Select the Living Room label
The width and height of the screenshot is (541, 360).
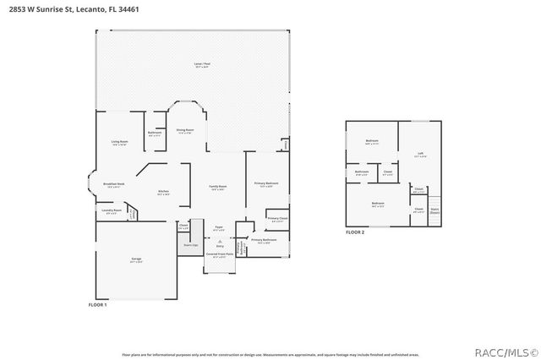(x=119, y=142)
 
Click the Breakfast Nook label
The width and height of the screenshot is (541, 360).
(x=114, y=184)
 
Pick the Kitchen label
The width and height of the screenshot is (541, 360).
(x=164, y=192)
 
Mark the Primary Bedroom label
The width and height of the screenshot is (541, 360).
(x=266, y=183)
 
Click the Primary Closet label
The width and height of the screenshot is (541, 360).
(x=277, y=219)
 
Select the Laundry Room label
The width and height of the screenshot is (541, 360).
(x=112, y=211)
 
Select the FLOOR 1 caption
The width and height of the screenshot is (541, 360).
(x=98, y=304)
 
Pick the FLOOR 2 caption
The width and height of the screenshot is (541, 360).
(x=355, y=232)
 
